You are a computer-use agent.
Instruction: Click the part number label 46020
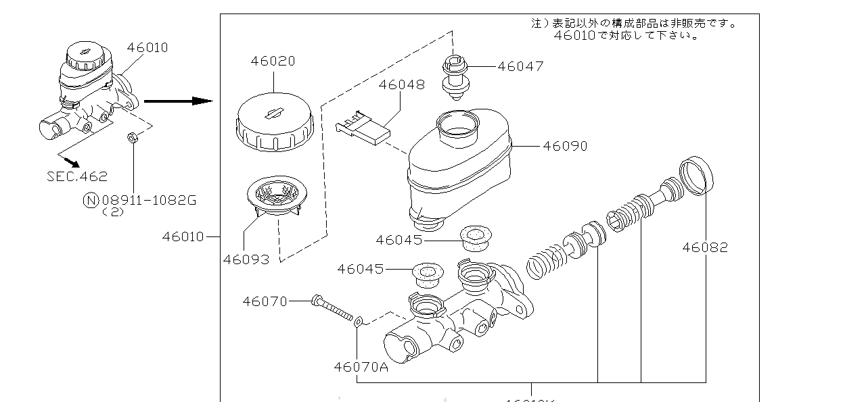273,61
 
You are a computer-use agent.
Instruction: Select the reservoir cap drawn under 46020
274,125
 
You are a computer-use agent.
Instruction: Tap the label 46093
246,259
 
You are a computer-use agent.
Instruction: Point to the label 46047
520,66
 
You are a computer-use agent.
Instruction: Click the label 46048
401,84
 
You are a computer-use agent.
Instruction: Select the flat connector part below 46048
363,129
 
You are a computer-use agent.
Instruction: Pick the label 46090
565,146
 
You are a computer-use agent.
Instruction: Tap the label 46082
705,247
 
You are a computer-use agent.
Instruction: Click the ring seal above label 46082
696,174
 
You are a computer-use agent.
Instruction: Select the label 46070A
361,366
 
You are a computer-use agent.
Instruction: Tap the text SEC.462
77,176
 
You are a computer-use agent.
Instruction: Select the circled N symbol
91,200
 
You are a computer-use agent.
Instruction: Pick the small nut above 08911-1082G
133,139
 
